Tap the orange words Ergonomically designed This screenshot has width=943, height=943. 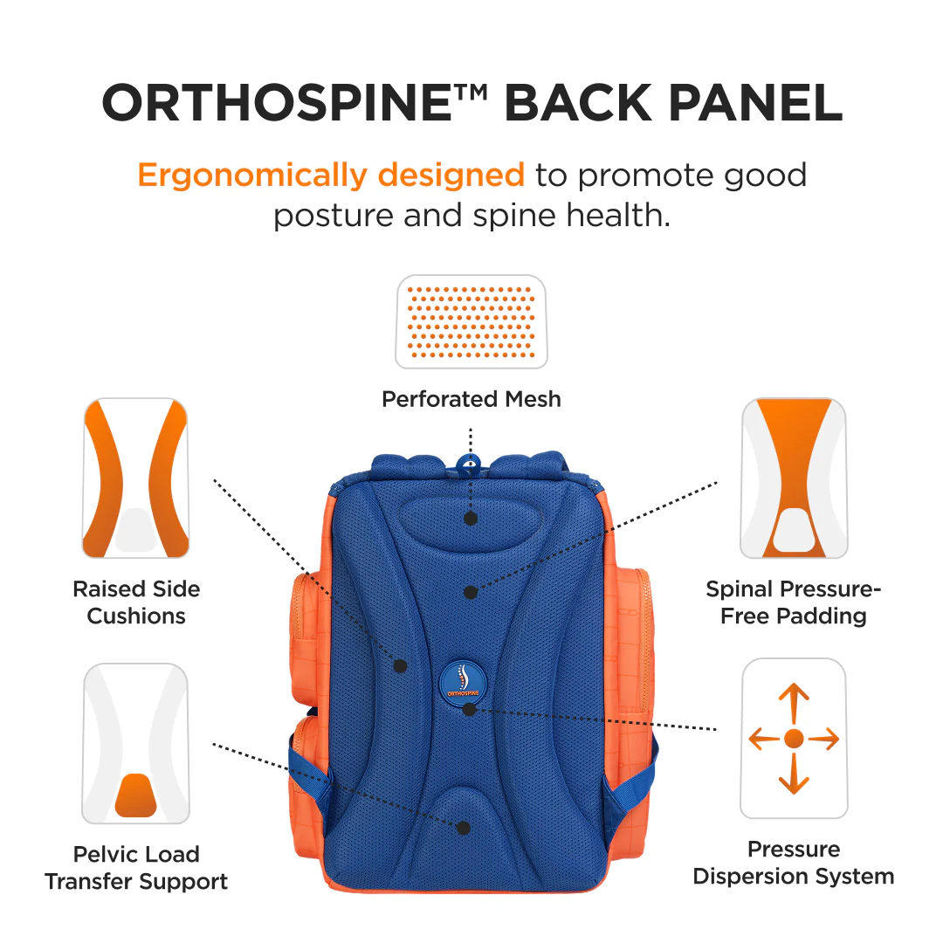coord(331,175)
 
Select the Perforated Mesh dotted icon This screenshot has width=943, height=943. coord(471,321)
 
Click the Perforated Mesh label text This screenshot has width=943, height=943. coord(471,399)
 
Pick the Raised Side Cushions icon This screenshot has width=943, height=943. coord(136,478)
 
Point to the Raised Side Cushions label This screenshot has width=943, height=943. coord(136,602)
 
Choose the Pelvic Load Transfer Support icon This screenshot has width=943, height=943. coord(136,743)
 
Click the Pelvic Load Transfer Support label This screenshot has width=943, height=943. coord(136,868)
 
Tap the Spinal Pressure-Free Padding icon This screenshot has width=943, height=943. coord(794,478)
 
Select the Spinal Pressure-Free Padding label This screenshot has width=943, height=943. coord(794,602)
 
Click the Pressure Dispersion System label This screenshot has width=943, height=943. coord(794,863)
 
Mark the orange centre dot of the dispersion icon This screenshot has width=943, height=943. coord(794,739)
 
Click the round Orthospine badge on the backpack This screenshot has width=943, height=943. coord(463,679)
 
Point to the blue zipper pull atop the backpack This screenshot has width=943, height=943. coord(469,464)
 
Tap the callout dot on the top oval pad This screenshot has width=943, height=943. coord(471,518)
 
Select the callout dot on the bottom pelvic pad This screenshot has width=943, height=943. coord(464,827)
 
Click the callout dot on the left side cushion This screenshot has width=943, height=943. coord(401,665)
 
